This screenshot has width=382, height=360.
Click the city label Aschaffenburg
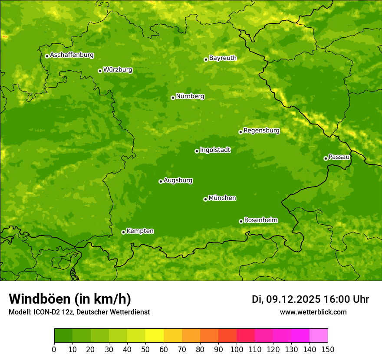pos(72,55)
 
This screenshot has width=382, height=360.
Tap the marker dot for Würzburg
pos(100,71)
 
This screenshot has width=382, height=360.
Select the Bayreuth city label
pos(223,58)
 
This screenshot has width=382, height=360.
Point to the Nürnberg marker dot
pos(173,98)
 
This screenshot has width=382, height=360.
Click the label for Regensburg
pos(261,130)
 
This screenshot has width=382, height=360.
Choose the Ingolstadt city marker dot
pos(197,151)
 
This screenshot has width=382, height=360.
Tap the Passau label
pos(339,157)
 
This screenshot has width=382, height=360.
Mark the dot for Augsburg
pos(161,181)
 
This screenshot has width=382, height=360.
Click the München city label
pos(222,198)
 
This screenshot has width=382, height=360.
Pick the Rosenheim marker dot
pos(241,221)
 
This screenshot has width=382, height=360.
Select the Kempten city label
pos(140,231)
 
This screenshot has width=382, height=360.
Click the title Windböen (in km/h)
pos(70,299)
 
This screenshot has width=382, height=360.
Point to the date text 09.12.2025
pos(293,299)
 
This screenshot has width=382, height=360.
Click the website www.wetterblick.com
pos(313,312)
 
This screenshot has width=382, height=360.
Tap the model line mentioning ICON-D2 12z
pos(79,312)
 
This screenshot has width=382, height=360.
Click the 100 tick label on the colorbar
pos(237,349)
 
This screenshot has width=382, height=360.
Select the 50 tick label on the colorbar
pos(145,349)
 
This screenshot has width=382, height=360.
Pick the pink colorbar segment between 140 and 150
pos(319,336)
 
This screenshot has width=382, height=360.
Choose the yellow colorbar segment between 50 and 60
pos(155,336)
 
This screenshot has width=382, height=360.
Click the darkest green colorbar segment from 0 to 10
pos(63,336)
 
